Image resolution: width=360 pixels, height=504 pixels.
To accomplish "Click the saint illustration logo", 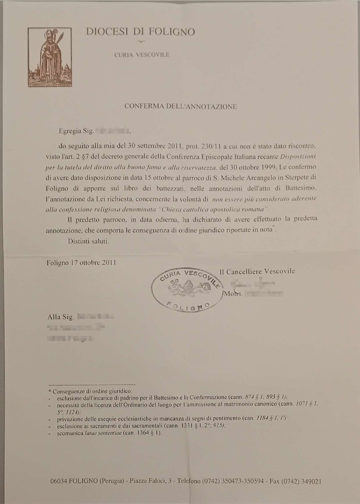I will [50, 57].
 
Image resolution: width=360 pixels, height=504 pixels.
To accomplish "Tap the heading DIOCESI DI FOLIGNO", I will [140, 31].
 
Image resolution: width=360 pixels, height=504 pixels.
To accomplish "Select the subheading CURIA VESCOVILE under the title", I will [142, 55].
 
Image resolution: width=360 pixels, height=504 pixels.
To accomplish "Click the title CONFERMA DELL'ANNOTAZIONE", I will [180, 106].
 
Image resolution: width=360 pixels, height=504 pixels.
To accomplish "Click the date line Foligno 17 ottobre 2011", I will [81, 263].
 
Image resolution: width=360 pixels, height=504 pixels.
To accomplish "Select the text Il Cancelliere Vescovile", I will [257, 271].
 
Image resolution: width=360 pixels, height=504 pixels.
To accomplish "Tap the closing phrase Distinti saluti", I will [88, 241].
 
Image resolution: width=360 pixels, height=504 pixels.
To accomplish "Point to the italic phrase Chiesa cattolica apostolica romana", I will [226, 209].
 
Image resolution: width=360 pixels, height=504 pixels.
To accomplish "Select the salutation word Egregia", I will [70, 130].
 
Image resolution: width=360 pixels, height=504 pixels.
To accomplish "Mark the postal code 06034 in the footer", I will [59, 481].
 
